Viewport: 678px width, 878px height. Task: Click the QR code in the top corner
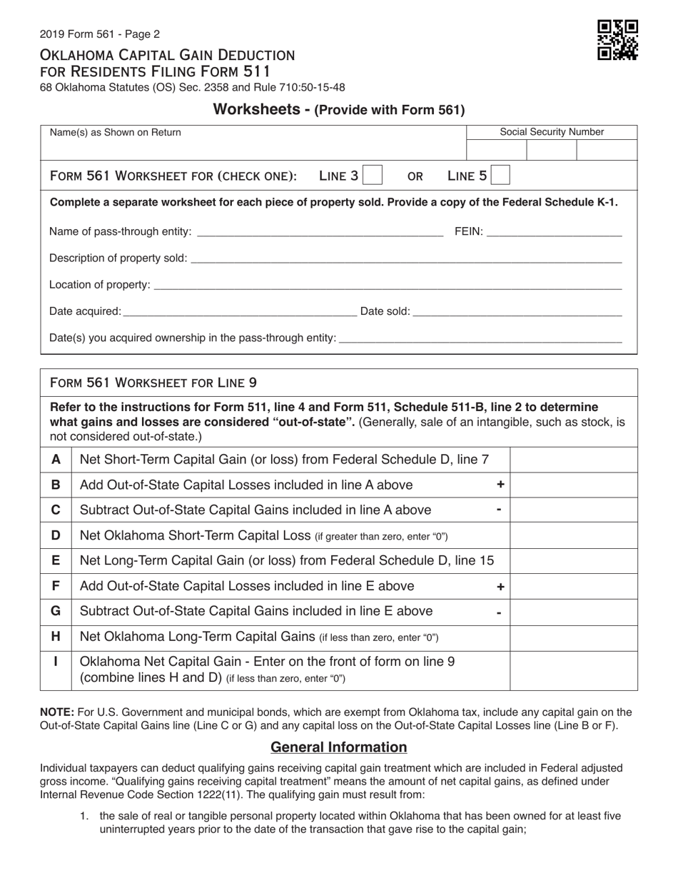click(x=617, y=40)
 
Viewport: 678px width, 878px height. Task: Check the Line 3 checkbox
click(x=373, y=176)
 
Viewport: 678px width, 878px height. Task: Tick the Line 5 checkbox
click(x=501, y=176)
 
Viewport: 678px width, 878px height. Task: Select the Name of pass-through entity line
click(x=319, y=232)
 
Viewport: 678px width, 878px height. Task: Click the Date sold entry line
click(x=517, y=311)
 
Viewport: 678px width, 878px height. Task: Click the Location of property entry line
click(x=388, y=285)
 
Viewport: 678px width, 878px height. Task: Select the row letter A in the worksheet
click(x=56, y=460)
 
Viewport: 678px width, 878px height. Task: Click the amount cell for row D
click(x=574, y=535)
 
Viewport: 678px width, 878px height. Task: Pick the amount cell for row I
click(x=574, y=670)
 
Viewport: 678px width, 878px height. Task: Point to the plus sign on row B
click(x=500, y=485)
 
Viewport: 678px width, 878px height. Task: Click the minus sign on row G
click(x=500, y=612)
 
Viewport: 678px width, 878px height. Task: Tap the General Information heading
click(x=339, y=747)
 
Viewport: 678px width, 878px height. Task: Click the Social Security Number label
click(x=552, y=132)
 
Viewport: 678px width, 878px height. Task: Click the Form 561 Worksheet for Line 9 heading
click(x=153, y=383)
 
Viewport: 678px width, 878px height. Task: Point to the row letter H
click(x=56, y=636)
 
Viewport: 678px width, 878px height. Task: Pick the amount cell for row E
click(x=574, y=561)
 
